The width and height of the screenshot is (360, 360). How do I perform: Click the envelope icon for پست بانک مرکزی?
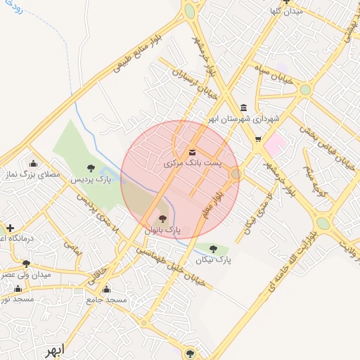click(192, 153)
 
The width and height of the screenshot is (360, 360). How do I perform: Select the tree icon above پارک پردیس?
click(91, 167)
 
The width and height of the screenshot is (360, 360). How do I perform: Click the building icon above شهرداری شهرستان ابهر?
click(243, 108)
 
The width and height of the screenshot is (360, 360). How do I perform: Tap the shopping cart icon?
click(258, 139)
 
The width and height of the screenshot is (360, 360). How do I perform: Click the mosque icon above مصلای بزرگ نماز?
click(32, 162)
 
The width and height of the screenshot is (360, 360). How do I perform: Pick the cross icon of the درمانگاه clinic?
click(10, 228)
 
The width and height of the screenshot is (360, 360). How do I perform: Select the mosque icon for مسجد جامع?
click(106, 289)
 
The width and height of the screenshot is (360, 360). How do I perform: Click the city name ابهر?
click(53, 349)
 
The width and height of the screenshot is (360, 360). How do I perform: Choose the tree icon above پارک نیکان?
click(213, 248)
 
